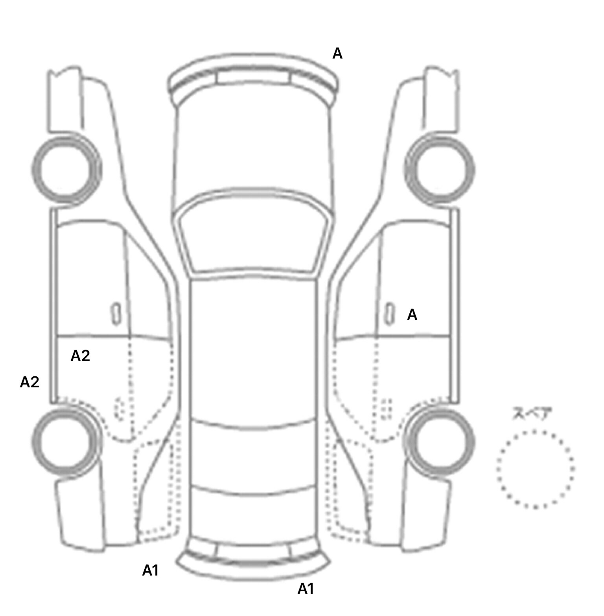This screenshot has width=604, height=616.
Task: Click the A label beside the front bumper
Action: coord(337,53)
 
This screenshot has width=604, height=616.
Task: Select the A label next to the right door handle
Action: coord(412,315)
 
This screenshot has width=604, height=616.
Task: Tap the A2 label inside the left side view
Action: coord(80,356)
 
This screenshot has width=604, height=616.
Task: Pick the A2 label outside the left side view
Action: coord(29,382)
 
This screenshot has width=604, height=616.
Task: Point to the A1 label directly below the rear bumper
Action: coord(306,589)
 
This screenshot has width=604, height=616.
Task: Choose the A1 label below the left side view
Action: coord(150,570)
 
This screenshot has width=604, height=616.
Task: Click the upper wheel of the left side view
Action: coord(66,170)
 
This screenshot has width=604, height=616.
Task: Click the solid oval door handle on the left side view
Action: coord(116,314)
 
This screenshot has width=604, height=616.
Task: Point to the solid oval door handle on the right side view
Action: coord(389,314)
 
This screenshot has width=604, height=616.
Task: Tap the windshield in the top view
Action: coord(253,236)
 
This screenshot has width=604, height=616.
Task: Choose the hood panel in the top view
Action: coord(253,149)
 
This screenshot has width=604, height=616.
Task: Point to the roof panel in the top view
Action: coord(253,350)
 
